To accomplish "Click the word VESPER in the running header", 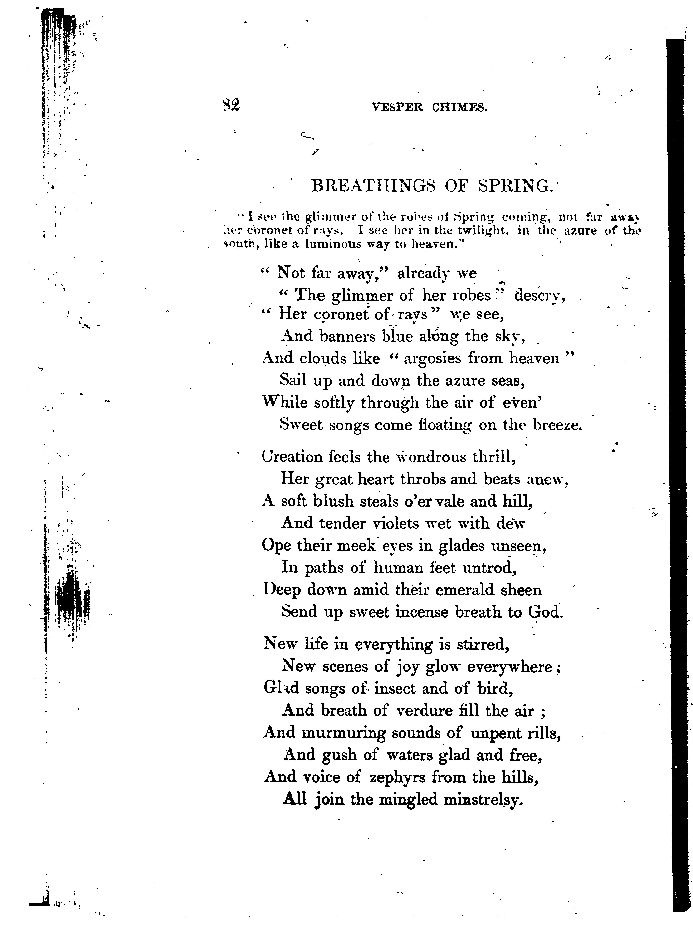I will click(x=397, y=108).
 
